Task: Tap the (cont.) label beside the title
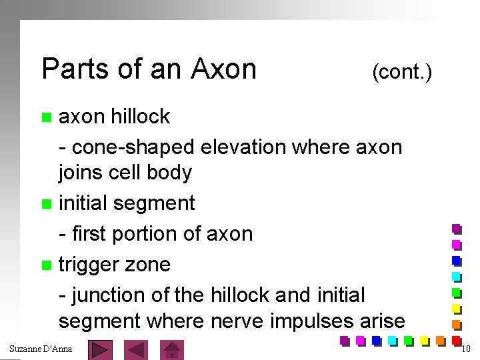click(x=402, y=71)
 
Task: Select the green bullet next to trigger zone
click(x=46, y=266)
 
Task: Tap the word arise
click(x=381, y=321)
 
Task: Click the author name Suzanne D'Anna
click(x=41, y=349)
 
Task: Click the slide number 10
click(x=466, y=349)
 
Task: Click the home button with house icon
click(x=173, y=350)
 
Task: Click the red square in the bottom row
click(x=456, y=340)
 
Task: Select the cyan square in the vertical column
click(x=457, y=276)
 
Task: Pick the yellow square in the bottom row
click(x=424, y=341)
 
